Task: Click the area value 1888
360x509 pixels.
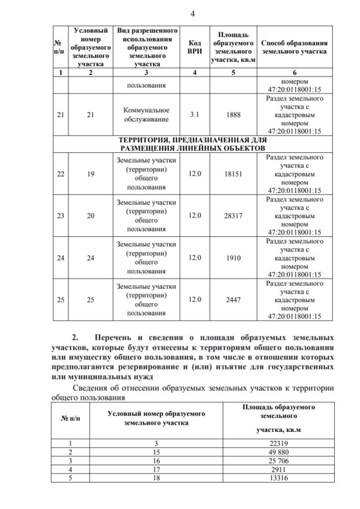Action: (233, 115)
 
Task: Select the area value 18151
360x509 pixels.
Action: (233, 174)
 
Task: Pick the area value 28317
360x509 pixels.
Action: (233, 215)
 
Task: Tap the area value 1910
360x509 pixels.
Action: (233, 258)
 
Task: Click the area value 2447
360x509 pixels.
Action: (233, 300)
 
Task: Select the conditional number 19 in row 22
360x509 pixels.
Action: (90, 174)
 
